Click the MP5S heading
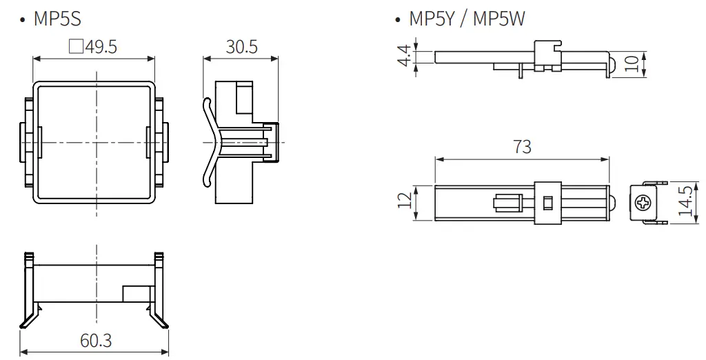click(57, 19)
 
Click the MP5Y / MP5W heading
click(466, 19)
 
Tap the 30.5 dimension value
click(241, 47)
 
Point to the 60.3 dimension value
click(96, 341)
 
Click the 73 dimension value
click(522, 147)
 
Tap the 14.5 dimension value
click(685, 201)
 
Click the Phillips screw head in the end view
click(643, 203)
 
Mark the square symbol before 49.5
click(77, 47)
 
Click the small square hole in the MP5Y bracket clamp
click(548, 203)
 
